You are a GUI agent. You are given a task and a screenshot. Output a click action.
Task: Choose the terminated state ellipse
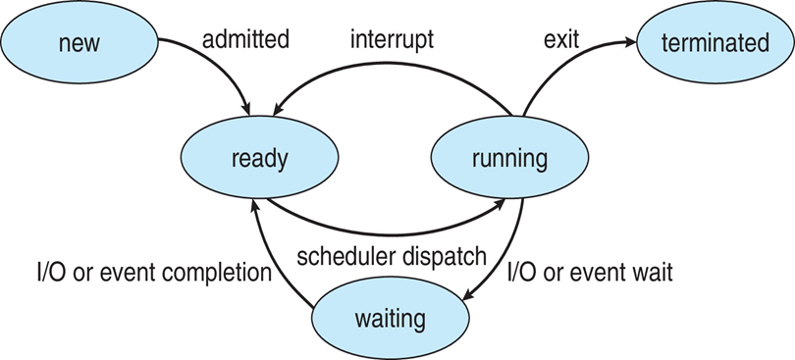[x=715, y=42]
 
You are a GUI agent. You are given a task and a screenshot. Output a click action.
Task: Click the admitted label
[x=245, y=41]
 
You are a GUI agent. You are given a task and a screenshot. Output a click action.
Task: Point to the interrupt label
[x=394, y=41]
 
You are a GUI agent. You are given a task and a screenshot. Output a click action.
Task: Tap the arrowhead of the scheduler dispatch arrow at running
[x=502, y=201]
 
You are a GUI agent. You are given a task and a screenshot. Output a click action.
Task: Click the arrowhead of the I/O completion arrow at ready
[x=253, y=201]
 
